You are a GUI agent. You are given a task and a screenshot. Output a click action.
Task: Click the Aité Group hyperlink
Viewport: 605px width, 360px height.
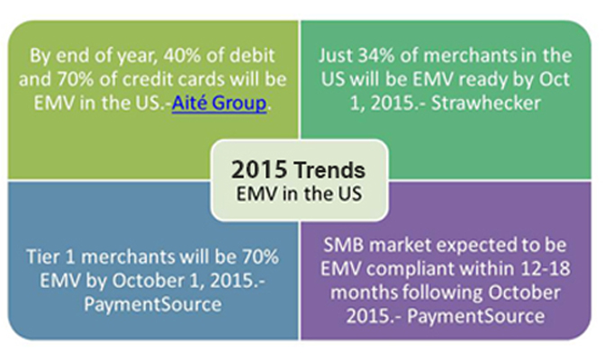pos(219,103)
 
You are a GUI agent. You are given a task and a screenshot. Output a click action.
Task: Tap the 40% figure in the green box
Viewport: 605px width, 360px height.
pos(181,56)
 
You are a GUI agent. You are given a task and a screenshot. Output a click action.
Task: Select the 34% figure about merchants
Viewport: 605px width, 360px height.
pos(376,56)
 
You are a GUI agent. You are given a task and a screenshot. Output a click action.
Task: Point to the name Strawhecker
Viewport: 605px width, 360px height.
pos(486,103)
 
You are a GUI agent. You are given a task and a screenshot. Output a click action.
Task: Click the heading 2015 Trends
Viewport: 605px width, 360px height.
pos(298,170)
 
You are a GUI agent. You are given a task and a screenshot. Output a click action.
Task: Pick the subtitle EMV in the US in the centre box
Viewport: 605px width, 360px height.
pos(299,193)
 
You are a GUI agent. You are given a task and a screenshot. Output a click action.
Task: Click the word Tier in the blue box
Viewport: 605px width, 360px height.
pos(43,257)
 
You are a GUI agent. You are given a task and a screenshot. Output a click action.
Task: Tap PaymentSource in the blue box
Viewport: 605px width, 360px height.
pos(153,304)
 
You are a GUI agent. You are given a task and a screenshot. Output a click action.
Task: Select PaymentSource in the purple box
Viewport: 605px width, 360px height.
pos(475,317)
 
